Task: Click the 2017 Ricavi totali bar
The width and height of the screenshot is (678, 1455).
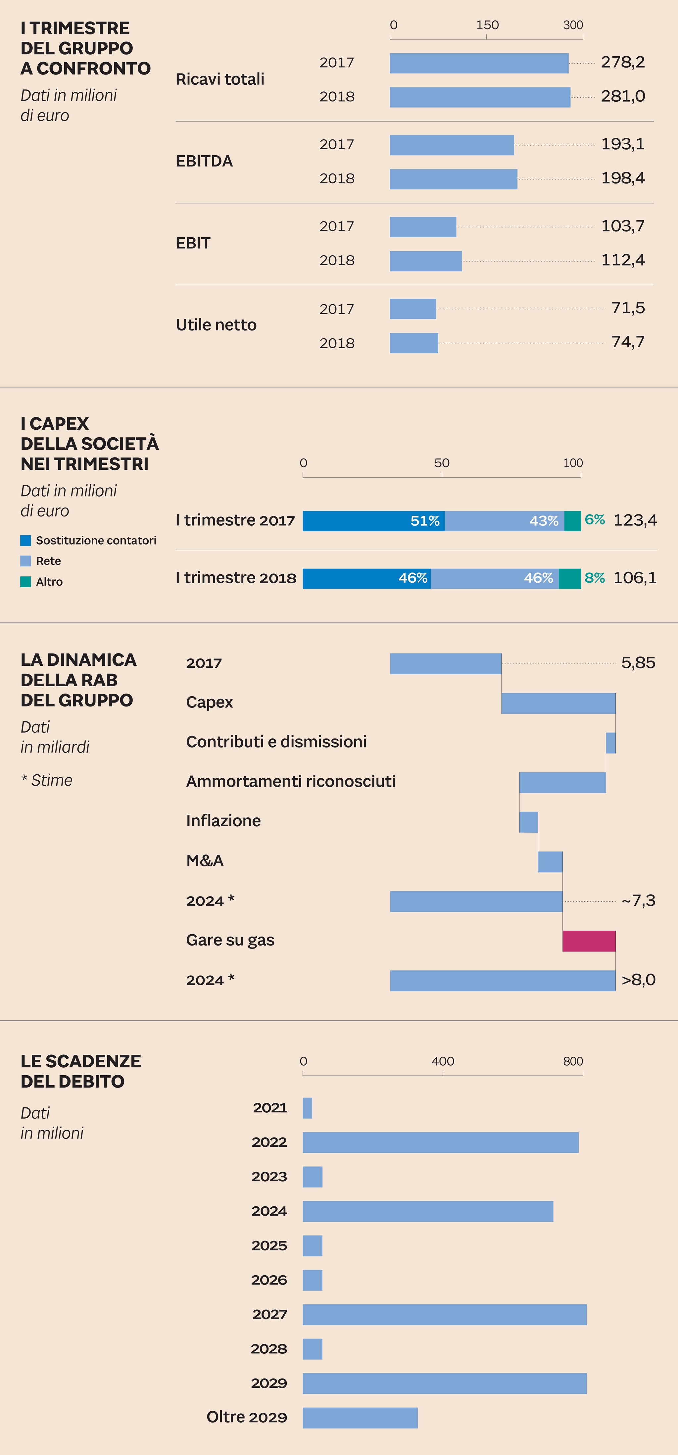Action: tap(479, 63)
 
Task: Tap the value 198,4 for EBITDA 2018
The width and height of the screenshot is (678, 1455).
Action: tap(623, 178)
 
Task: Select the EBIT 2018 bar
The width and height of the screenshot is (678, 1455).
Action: tap(425, 261)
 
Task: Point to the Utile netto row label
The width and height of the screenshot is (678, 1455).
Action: tap(217, 325)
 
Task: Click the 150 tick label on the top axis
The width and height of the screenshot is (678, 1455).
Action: tap(487, 25)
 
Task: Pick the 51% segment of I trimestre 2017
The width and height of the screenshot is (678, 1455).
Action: tap(373, 521)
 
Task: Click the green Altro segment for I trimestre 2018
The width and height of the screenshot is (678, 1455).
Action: tap(569, 578)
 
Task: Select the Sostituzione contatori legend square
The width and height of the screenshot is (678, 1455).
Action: tap(25, 541)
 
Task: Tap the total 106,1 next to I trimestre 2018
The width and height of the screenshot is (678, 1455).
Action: tap(635, 577)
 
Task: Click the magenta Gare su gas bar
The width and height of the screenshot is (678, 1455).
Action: tap(589, 941)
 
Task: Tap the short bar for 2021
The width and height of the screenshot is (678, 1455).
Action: tap(307, 1108)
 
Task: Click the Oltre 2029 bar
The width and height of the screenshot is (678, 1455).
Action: tap(360, 1418)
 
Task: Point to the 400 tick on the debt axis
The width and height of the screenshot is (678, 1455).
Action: tap(442, 1061)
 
